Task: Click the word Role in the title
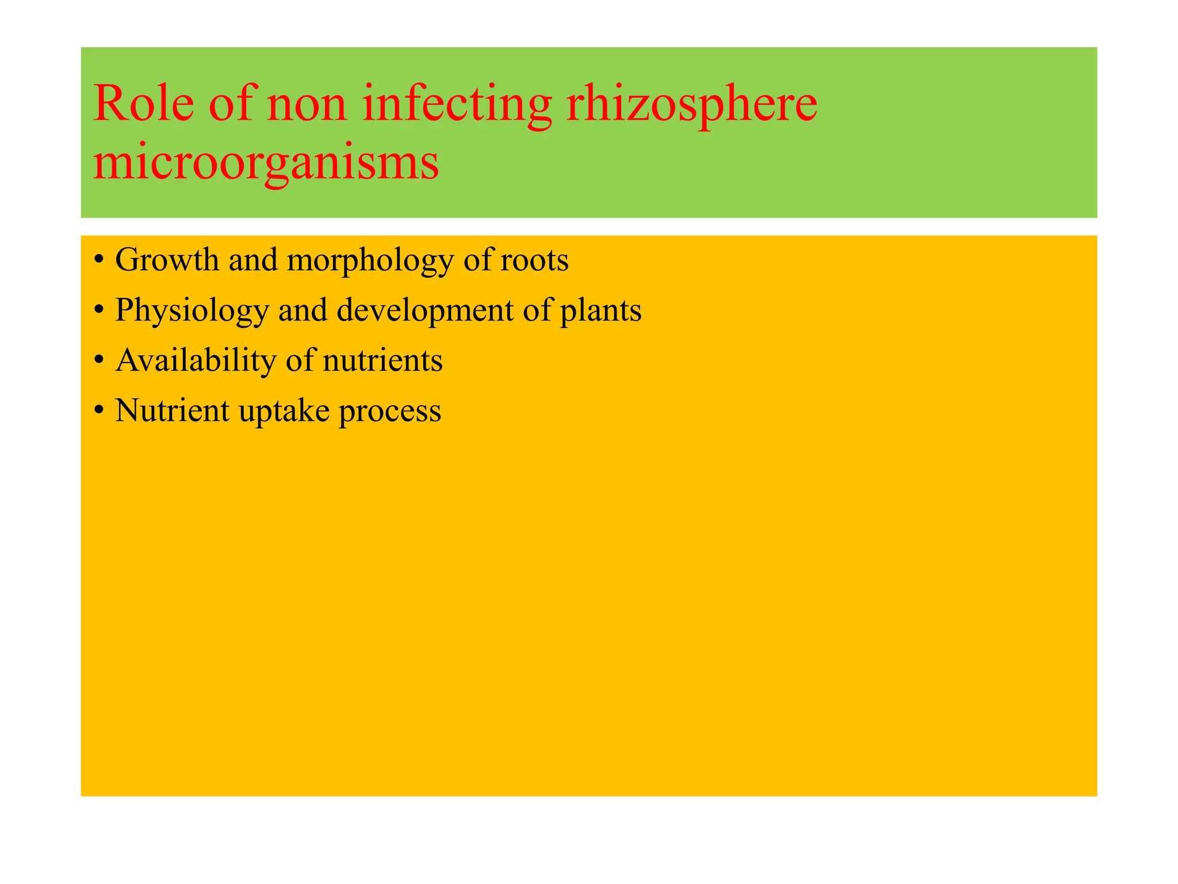143,104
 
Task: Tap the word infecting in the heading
457,104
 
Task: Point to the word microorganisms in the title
266,163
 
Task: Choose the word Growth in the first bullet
167,260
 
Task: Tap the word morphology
370,260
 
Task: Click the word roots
534,260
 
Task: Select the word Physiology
192,311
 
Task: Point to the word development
425,311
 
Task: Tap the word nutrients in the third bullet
383,361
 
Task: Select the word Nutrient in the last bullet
172,411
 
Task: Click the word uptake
284,411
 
